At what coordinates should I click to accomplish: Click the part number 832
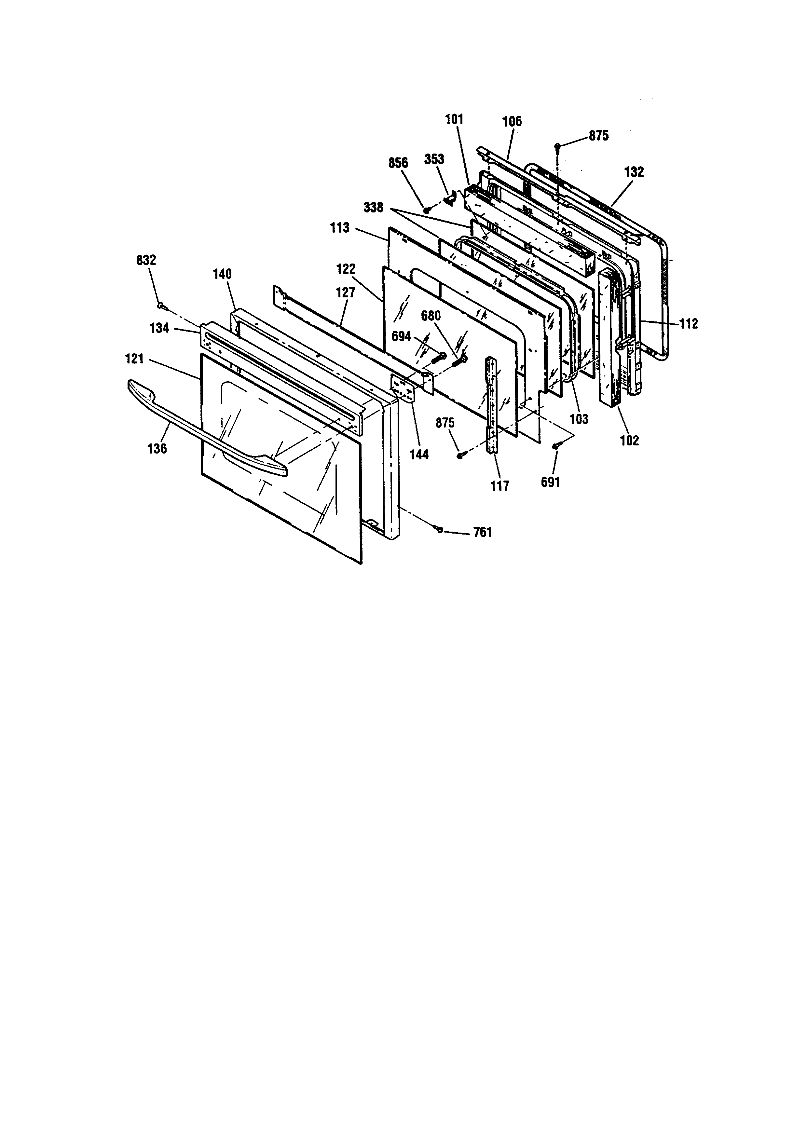click(x=146, y=260)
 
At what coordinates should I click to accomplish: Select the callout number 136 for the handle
click(x=157, y=448)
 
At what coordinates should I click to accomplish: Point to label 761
click(x=483, y=532)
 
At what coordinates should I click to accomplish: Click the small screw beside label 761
click(x=439, y=530)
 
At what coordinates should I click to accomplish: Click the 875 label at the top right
click(x=599, y=136)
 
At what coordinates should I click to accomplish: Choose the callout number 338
click(x=373, y=207)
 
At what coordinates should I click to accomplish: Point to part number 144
click(x=419, y=454)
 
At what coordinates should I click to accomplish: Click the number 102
click(x=630, y=440)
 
